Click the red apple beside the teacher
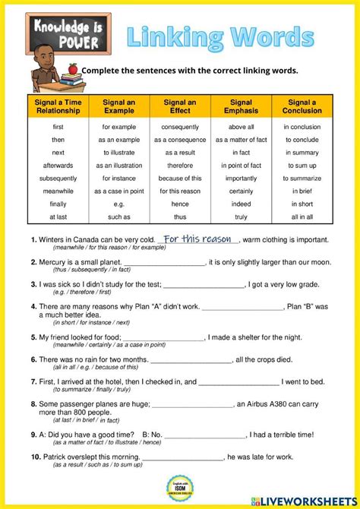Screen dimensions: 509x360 coord(73,68)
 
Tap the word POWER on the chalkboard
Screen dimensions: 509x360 coord(58,43)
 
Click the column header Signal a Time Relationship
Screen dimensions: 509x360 coord(58,106)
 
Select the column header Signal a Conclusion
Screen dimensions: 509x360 coord(303,106)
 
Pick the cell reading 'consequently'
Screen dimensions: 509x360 coord(181,127)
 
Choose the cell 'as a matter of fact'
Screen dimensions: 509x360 coord(241,140)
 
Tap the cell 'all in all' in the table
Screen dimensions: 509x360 coord(303,217)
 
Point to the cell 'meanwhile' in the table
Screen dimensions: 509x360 coord(58,191)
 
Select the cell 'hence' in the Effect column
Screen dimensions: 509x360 coord(181,204)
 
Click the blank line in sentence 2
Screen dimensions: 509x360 coord(163,263)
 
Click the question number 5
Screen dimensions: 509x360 coord(33,337)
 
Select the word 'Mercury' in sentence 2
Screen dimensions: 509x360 coord(55,263)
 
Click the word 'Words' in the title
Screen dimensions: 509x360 coord(273,36)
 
